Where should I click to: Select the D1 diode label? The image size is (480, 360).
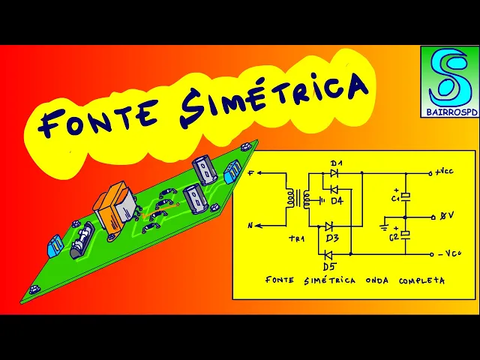pyautogui.click(x=336, y=163)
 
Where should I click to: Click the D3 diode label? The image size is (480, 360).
pyautogui.click(x=332, y=238)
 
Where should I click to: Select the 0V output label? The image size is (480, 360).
pyautogui.click(x=447, y=216)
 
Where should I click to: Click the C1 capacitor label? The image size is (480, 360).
pyautogui.click(x=395, y=199)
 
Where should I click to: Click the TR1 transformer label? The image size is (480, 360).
pyautogui.click(x=277, y=239)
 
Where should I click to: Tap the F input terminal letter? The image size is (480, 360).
pyautogui.click(x=251, y=173)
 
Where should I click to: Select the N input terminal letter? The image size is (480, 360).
pyautogui.click(x=250, y=224)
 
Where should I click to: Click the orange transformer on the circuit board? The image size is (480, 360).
pyautogui.click(x=116, y=207)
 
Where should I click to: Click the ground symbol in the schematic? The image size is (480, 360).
pyautogui.click(x=385, y=223)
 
